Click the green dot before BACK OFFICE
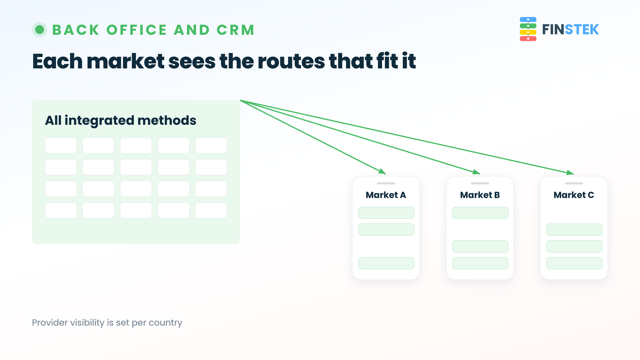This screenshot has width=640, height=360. click(x=40, y=30)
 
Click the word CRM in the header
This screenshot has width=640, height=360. click(x=236, y=30)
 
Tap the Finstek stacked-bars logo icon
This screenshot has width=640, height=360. click(x=528, y=29)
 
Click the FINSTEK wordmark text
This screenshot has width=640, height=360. click(x=570, y=30)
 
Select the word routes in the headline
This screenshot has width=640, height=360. click(x=291, y=61)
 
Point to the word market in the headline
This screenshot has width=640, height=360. click(x=126, y=61)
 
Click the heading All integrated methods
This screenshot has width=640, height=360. click(x=120, y=120)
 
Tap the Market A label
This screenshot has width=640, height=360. click(x=386, y=195)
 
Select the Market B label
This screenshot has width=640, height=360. click(x=480, y=195)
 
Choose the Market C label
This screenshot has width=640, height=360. click(x=574, y=195)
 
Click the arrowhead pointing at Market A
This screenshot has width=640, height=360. click(x=382, y=172)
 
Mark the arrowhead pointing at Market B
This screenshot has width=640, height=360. click(x=476, y=172)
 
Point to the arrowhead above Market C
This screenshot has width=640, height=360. click(x=570, y=172)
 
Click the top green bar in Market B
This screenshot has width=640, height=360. click(x=480, y=213)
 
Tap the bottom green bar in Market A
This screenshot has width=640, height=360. click(x=386, y=263)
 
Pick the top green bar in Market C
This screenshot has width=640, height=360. click(x=574, y=230)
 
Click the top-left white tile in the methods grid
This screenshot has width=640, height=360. click(x=61, y=146)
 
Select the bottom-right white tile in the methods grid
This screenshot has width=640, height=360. click(x=211, y=210)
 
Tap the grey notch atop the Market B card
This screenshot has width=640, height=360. click(x=480, y=184)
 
